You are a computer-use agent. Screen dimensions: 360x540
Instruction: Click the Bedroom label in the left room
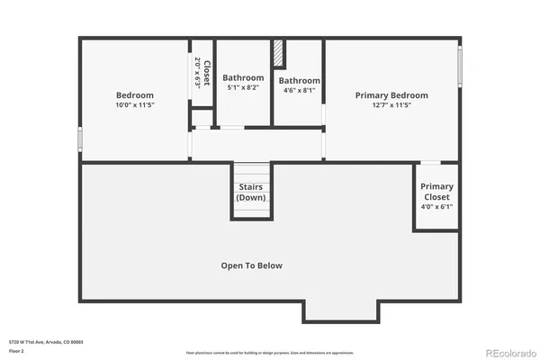[x=135, y=95]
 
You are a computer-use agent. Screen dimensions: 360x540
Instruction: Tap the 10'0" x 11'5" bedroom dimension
[x=135, y=105]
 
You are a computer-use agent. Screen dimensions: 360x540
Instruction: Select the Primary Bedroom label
[x=391, y=95]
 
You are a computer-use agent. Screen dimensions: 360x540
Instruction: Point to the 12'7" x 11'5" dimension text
[x=391, y=105]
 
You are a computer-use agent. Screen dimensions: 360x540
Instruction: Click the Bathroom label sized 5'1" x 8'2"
[x=244, y=77]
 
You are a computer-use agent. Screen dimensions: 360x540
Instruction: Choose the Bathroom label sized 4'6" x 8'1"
[x=299, y=80]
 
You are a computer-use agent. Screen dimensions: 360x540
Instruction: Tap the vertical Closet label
[x=207, y=72]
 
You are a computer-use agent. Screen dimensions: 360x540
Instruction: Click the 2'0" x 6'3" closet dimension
[x=198, y=72]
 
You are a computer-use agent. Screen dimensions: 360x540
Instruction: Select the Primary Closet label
[x=437, y=191]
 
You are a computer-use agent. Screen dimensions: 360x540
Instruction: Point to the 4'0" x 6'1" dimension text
[x=437, y=206]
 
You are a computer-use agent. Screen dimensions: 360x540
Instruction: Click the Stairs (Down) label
[x=252, y=192]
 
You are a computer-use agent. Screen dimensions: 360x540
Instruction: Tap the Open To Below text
[x=252, y=265]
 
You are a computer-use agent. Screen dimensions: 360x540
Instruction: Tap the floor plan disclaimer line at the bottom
[x=270, y=352]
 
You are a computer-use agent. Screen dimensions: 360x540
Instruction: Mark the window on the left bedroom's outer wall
[x=80, y=139]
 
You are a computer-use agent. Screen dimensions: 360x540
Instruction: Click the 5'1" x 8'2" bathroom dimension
[x=244, y=88]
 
